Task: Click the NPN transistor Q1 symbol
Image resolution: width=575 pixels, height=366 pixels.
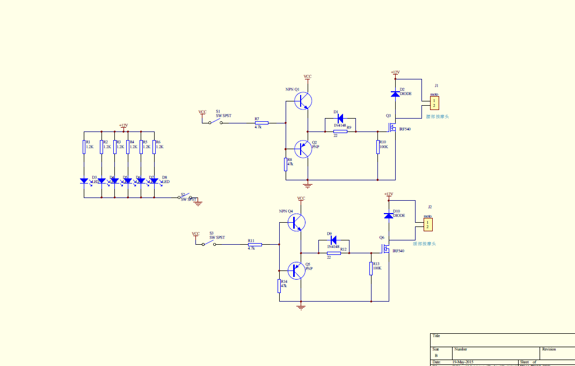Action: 304,100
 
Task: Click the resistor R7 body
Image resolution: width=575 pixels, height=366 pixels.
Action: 261,123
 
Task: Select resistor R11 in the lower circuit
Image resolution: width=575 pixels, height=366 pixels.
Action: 254,245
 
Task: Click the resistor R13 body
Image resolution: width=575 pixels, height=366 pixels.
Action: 371,268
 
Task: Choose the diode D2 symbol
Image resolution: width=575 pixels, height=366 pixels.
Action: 395,94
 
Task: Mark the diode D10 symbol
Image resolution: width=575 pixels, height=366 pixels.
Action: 389,216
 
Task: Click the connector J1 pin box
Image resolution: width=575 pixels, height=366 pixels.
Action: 434,103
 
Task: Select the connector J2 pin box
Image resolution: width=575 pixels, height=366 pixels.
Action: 427,224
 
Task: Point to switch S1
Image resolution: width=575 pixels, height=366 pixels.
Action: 215,121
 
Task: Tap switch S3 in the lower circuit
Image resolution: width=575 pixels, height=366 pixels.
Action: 208,243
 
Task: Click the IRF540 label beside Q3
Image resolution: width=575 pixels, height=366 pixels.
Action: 404,129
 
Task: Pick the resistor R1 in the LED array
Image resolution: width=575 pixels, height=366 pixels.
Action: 84,147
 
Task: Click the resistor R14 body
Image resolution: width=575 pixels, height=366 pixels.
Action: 279,286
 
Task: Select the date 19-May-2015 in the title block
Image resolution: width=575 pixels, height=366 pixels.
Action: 463,362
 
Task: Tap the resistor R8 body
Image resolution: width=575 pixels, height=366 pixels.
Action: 286,164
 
